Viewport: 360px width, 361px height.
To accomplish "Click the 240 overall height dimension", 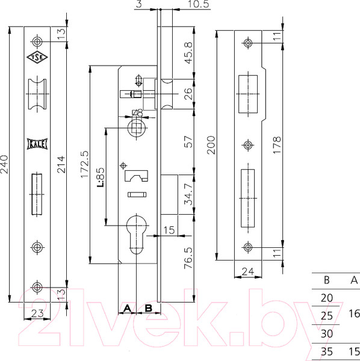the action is click(x=5, y=164).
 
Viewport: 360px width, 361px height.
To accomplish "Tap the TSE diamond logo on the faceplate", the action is click(x=37, y=57).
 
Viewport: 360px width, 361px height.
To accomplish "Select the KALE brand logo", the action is click(x=37, y=144).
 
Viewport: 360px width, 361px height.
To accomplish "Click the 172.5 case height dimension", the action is click(x=84, y=164).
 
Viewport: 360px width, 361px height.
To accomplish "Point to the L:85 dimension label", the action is click(x=101, y=177).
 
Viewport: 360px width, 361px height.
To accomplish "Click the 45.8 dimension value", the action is click(x=188, y=53).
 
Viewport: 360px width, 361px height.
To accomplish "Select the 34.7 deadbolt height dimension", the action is click(x=188, y=194).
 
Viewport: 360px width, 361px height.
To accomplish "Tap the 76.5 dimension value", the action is click(x=188, y=258).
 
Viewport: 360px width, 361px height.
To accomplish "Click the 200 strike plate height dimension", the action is click(x=211, y=145).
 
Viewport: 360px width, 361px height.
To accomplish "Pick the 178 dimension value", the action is click(x=277, y=145).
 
